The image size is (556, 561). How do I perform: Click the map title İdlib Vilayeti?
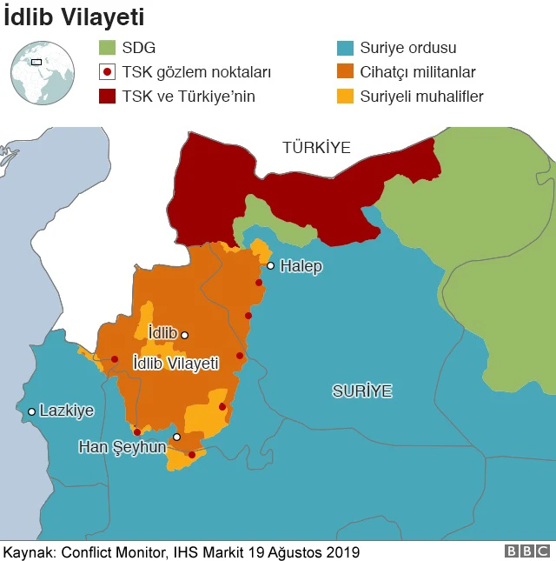(x=74, y=17)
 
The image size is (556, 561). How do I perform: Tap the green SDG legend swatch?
(x=107, y=48)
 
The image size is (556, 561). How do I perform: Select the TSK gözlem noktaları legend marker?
(x=107, y=72)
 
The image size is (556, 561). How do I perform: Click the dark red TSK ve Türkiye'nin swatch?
(x=107, y=97)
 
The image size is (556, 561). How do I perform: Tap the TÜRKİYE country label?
(x=316, y=148)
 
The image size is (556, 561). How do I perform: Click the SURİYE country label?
(x=362, y=391)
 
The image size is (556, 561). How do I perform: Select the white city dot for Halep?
(x=271, y=266)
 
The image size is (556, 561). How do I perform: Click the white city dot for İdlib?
(x=184, y=334)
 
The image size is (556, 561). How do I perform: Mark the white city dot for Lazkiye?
(x=32, y=411)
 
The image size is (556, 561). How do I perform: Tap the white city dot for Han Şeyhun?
(x=176, y=437)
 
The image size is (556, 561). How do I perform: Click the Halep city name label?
(x=301, y=266)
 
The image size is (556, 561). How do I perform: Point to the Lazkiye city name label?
(x=67, y=411)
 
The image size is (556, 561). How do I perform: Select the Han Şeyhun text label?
(x=122, y=446)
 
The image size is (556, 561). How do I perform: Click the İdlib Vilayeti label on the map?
(x=175, y=364)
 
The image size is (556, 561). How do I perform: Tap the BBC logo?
(x=526, y=551)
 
